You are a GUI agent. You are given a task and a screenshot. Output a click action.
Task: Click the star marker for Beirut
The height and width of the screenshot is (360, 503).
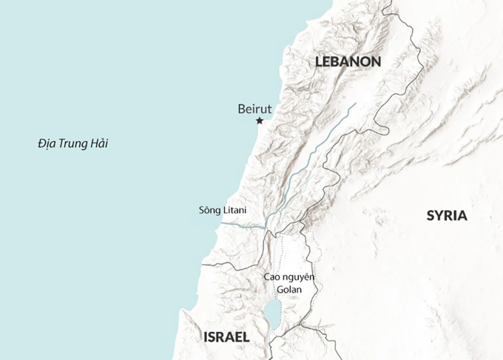(x=260, y=120)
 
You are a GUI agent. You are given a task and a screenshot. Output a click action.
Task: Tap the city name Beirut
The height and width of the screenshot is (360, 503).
(x=255, y=109)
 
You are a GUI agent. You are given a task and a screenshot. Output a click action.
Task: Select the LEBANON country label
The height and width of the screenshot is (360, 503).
(x=348, y=62)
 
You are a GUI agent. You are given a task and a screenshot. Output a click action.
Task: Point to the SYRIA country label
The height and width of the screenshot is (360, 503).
(x=447, y=216)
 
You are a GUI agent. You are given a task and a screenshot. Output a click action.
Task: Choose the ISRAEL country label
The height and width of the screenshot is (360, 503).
(x=226, y=337)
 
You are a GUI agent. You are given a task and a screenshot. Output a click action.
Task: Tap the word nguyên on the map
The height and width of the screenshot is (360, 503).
(x=300, y=278)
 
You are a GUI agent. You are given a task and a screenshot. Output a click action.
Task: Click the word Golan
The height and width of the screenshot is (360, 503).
(x=289, y=290)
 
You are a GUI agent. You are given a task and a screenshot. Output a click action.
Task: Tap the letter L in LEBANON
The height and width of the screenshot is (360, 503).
(x=319, y=62)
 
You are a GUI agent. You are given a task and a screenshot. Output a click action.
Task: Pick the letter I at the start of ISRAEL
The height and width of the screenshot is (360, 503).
(x=205, y=337)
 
